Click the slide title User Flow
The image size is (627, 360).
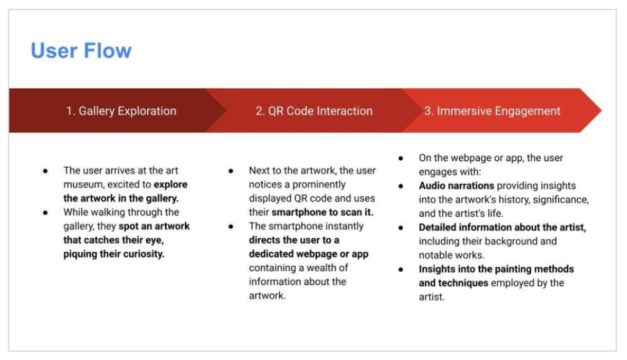(81, 51)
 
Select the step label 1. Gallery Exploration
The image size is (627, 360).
(121, 111)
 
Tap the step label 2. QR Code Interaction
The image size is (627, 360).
(314, 111)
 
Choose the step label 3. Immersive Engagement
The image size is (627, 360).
(492, 111)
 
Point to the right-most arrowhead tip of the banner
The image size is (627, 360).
(601, 110)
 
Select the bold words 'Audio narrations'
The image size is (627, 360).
(456, 186)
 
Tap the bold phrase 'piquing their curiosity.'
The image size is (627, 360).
(114, 254)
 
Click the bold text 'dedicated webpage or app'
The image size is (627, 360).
(309, 254)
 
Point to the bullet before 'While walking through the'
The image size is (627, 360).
(45, 212)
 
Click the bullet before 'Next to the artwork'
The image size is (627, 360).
(231, 171)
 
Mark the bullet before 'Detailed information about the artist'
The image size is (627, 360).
(400, 228)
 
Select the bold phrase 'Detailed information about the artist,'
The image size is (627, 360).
(502, 227)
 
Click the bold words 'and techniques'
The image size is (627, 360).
(454, 283)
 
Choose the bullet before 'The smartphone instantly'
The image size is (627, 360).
(231, 227)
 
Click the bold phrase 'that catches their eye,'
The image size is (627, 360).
(113, 240)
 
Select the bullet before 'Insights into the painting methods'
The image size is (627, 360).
(400, 269)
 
